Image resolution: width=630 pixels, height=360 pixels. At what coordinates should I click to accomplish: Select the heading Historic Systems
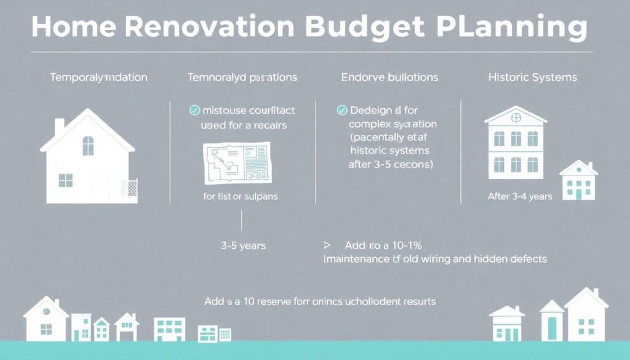click(532, 78)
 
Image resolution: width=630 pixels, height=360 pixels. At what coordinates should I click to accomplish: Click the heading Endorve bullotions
click(389, 78)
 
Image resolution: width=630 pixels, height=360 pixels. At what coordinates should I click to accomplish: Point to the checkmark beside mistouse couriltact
click(194, 111)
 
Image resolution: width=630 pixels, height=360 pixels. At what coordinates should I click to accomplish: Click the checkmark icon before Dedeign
click(342, 111)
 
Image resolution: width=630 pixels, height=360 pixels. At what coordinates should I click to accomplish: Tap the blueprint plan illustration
click(236, 163)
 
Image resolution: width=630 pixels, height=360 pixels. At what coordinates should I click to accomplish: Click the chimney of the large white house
click(59, 126)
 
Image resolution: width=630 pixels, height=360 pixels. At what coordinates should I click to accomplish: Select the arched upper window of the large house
click(88, 146)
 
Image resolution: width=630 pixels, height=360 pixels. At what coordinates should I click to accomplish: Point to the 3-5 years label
click(243, 246)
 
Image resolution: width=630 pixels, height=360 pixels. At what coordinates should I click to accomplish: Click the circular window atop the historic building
click(516, 116)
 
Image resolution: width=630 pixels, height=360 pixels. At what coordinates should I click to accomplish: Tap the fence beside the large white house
click(129, 188)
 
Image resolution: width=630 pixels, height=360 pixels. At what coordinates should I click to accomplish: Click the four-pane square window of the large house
click(65, 180)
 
